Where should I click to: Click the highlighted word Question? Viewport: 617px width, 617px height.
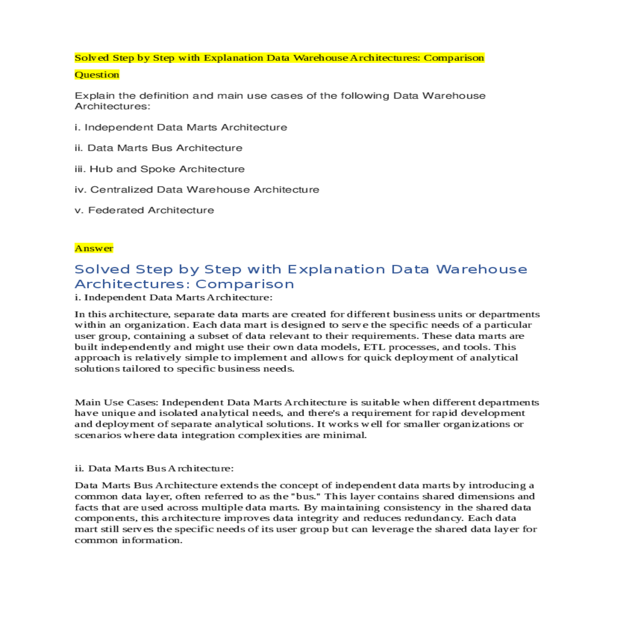pos(97,75)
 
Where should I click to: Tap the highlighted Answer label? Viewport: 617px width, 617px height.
pos(94,248)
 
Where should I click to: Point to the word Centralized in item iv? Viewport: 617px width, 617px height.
pos(122,190)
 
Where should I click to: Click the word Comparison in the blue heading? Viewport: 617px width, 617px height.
pos(245,284)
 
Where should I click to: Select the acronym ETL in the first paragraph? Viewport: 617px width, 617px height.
pos(374,347)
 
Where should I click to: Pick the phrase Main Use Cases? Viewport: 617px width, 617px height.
pos(116,403)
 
